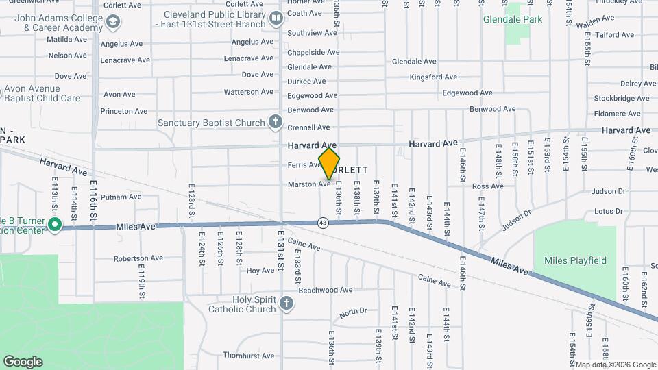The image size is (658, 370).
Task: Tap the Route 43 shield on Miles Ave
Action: (323, 222)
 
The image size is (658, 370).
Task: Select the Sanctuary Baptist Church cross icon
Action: (276, 123)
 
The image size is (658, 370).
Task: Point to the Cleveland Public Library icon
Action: (276, 18)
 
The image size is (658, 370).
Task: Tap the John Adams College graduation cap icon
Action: (112, 23)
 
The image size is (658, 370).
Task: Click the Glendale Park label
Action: (512, 19)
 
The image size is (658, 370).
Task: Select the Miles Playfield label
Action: (575, 260)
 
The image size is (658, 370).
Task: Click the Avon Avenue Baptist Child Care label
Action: (42, 93)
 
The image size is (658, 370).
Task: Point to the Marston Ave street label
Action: (309, 184)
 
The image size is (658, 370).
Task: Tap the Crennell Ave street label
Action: (308, 127)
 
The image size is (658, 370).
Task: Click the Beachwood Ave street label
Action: (326, 290)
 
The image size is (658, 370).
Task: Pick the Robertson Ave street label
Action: (138, 258)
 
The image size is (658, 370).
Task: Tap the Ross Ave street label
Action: (488, 186)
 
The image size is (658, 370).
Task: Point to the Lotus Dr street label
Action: (608, 211)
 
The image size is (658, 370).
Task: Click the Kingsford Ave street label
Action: (433, 77)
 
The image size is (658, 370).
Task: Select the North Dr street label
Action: (354, 312)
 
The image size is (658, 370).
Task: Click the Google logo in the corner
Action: (23, 361)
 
